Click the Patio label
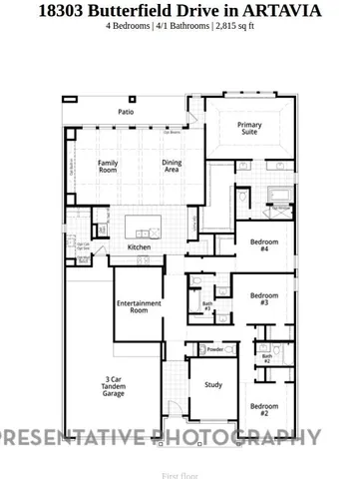(127, 112)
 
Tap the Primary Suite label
(249, 129)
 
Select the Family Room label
(108, 167)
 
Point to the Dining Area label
(172, 167)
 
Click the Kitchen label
(139, 246)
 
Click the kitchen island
(146, 223)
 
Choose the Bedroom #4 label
(264, 245)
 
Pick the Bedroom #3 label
(264, 298)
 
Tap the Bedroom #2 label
(264, 409)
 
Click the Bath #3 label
(207, 306)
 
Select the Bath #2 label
(266, 358)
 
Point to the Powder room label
(214, 349)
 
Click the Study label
(213, 384)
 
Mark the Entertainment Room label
(139, 306)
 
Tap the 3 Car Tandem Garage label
(114, 386)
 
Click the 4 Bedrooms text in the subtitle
(128, 25)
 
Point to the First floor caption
(180, 476)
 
